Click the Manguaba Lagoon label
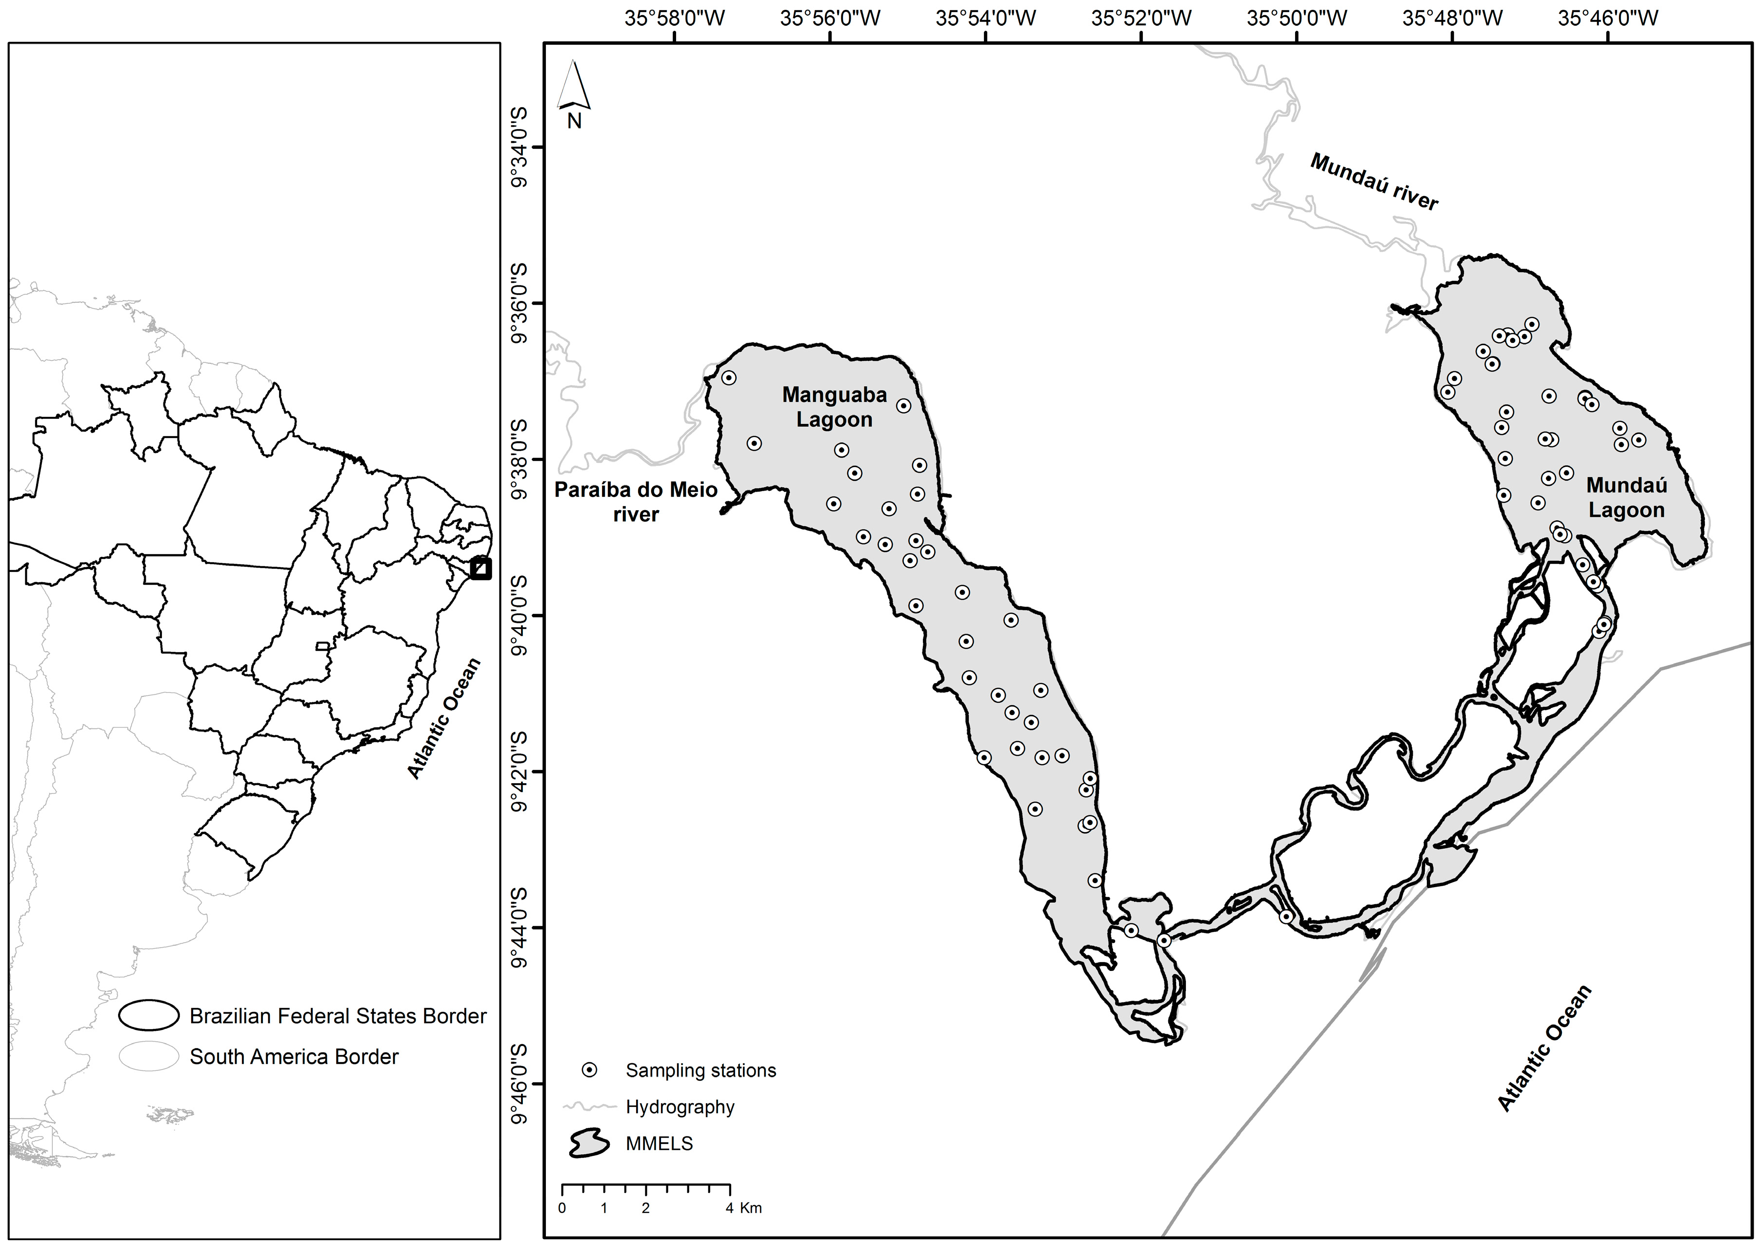coord(834,407)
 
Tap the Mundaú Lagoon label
coord(1626,497)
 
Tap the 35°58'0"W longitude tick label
coord(674,18)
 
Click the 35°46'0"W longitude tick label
coord(1607,18)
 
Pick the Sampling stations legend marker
coord(589,1069)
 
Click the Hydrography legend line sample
coord(589,1107)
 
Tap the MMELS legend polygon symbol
coord(588,1143)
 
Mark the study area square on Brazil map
coord(480,568)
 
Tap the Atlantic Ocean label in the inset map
coord(444,718)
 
